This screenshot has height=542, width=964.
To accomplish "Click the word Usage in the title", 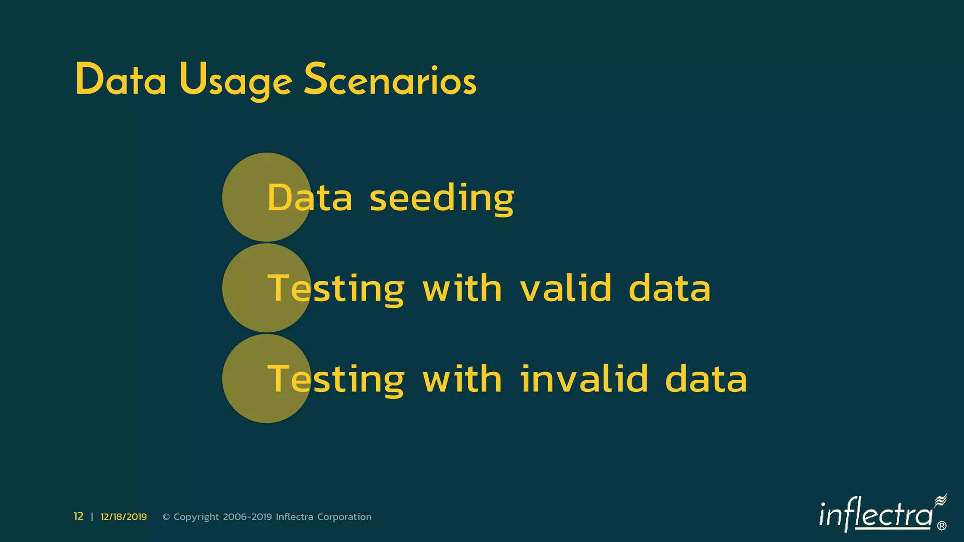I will (235, 81).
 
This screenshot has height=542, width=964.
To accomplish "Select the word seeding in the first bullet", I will (442, 199).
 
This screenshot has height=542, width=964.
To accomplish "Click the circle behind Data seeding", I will (245, 198).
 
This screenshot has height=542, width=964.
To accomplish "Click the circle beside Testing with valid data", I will (245, 288).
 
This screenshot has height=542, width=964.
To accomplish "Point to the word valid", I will (565, 288).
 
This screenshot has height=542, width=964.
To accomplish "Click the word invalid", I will (584, 379).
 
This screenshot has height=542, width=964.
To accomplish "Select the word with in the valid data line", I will (462, 288).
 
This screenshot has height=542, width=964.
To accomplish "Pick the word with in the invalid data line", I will (462, 379).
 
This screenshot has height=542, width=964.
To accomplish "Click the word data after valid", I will (669, 288).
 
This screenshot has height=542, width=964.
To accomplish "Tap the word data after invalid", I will (706, 379).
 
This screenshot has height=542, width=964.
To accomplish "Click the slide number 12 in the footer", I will (78, 517).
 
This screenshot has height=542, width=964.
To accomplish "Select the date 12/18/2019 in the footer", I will (124, 517).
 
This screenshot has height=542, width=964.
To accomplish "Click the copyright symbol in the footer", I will (166, 517).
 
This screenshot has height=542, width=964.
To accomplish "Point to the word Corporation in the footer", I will (344, 517).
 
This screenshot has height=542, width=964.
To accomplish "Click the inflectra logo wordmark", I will (876, 515).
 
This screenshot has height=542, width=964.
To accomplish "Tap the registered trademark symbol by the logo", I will (941, 526).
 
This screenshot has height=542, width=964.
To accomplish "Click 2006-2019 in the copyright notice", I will (247, 517).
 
